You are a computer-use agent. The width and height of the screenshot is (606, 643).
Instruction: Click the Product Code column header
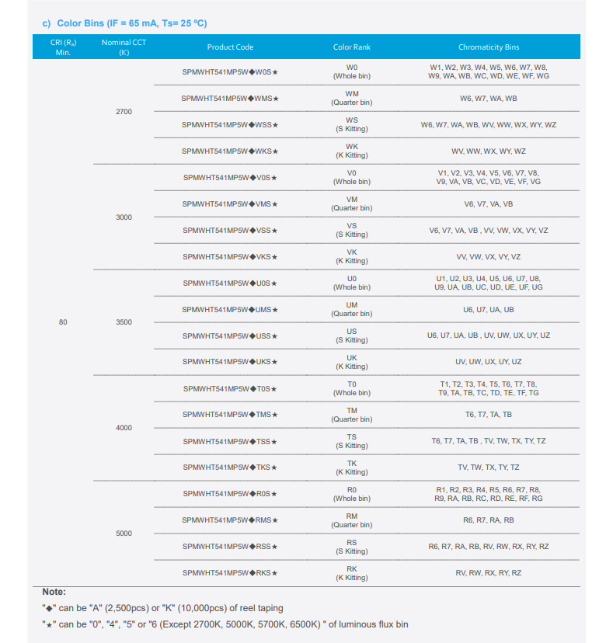[230, 47]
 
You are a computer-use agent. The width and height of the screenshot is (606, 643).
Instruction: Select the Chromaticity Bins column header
[488, 47]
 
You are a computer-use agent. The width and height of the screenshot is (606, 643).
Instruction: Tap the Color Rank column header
[352, 47]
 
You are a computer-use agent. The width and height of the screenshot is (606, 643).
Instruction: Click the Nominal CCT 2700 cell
[124, 112]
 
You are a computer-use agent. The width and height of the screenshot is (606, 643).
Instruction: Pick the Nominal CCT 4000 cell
[124, 428]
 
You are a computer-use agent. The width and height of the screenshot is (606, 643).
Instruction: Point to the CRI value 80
[63, 322]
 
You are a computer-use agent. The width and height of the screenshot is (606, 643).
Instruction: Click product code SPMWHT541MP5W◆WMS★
[230, 99]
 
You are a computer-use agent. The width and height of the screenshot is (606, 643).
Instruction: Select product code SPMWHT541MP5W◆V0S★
[230, 178]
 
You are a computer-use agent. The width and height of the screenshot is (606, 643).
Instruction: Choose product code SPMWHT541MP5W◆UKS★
[230, 362]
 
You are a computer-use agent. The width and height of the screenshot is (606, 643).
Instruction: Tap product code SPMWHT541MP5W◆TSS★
[230, 441]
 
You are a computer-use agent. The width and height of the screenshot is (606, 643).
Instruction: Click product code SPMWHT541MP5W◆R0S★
[230, 494]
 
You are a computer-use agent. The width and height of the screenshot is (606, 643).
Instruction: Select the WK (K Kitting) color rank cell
[352, 151]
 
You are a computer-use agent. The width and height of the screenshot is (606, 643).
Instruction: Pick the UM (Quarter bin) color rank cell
[352, 309]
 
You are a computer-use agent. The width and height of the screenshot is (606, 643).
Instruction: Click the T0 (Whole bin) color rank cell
[352, 388]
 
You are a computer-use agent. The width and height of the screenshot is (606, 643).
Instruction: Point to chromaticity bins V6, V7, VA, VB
[488, 204]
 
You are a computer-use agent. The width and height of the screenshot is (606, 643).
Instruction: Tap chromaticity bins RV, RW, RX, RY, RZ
[488, 573]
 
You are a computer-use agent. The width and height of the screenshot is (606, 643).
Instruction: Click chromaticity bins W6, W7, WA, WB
[488, 99]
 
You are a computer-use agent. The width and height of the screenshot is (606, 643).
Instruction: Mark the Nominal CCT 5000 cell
[124, 534]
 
